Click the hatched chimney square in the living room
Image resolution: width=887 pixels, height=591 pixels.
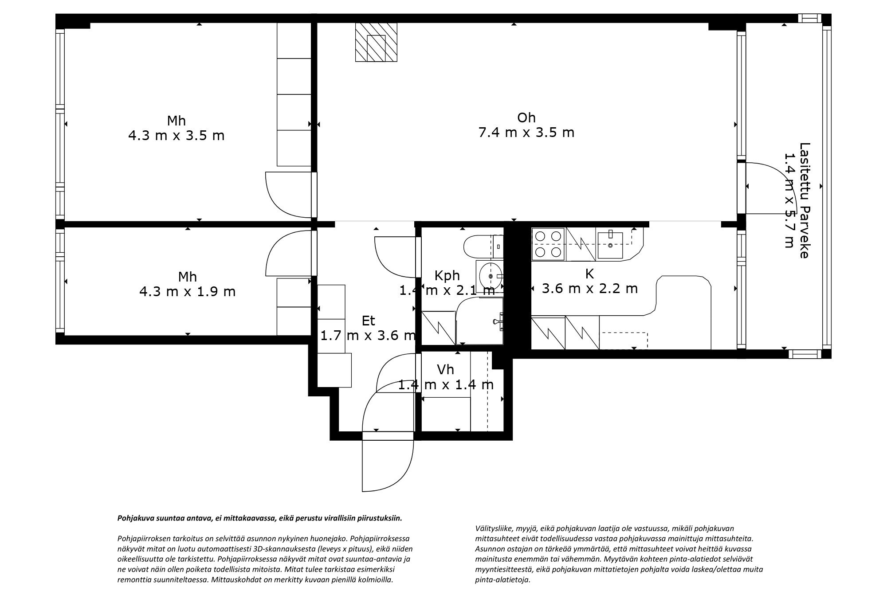point(376,42)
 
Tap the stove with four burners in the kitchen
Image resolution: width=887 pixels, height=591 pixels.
point(548,243)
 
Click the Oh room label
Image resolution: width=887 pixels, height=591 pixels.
point(526,117)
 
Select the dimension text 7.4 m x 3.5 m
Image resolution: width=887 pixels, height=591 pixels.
point(526,133)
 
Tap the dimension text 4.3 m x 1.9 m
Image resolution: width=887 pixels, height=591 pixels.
point(187,292)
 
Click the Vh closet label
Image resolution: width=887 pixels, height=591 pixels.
point(445,369)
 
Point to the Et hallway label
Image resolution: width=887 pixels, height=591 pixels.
point(368,321)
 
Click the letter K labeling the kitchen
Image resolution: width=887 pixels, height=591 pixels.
point(589,274)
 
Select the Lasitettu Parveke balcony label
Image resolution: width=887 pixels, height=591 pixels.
point(804,200)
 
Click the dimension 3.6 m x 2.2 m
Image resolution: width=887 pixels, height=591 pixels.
point(589,289)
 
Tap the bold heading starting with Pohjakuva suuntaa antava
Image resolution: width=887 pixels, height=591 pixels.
point(259,517)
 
